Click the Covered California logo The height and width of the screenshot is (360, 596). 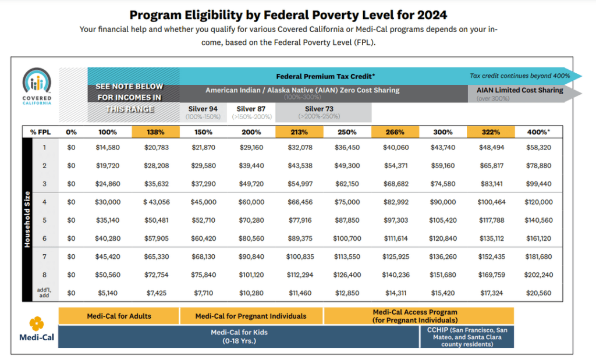pyautogui.click(x=37, y=86)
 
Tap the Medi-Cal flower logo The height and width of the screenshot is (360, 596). pyautogui.click(x=37, y=323)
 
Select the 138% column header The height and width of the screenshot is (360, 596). pyautogui.click(x=155, y=132)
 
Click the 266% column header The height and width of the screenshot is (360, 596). pyautogui.click(x=395, y=132)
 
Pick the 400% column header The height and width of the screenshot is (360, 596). pyautogui.click(x=538, y=132)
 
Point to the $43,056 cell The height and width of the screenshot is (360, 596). pyautogui.click(x=156, y=202)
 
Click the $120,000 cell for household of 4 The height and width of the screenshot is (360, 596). pyautogui.click(x=538, y=202)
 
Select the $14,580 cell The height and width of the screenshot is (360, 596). pyautogui.click(x=108, y=147)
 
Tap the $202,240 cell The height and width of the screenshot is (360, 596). pyautogui.click(x=538, y=275)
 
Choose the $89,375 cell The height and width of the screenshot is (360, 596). pyautogui.click(x=300, y=238)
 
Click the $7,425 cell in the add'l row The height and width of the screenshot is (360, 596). pyautogui.click(x=156, y=293)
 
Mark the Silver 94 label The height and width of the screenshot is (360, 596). pyautogui.click(x=203, y=109)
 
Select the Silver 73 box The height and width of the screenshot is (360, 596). pyautogui.click(x=323, y=112)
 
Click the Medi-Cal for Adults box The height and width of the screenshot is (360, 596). pyautogui.click(x=119, y=316)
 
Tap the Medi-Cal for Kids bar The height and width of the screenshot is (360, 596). pyautogui.click(x=239, y=337)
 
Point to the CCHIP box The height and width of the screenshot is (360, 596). pyautogui.click(x=467, y=337)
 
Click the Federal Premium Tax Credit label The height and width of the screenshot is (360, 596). pyautogui.click(x=325, y=76)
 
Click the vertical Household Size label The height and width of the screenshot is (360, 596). pyautogui.click(x=27, y=219)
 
